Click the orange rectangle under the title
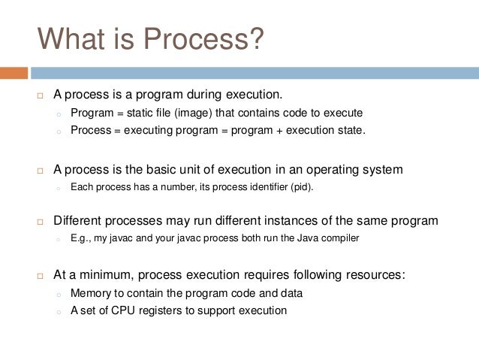coord(14,73)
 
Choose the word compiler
coord(339,238)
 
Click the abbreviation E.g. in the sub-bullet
coord(81,238)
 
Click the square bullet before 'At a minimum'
coord(41,276)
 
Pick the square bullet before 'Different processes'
coord(41,222)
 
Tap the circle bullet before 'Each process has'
coord(58,188)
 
